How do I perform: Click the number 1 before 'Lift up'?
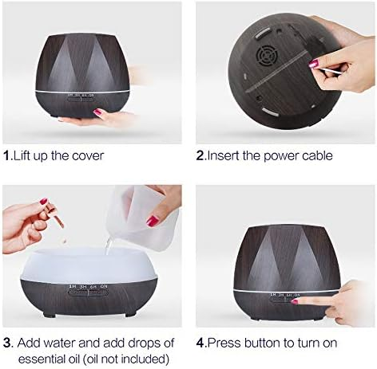[x=6, y=155]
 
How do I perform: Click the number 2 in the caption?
[x=200, y=155]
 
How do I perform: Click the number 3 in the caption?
[x=8, y=343]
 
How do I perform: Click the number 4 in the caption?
[x=200, y=343]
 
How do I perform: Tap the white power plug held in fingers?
[x=327, y=70]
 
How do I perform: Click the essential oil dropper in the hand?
[x=53, y=213]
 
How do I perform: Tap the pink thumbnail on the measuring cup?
[x=153, y=220]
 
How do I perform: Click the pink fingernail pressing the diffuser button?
[x=295, y=301]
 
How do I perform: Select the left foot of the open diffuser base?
[x=49, y=315]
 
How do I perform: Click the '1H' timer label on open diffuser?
[x=73, y=286]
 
